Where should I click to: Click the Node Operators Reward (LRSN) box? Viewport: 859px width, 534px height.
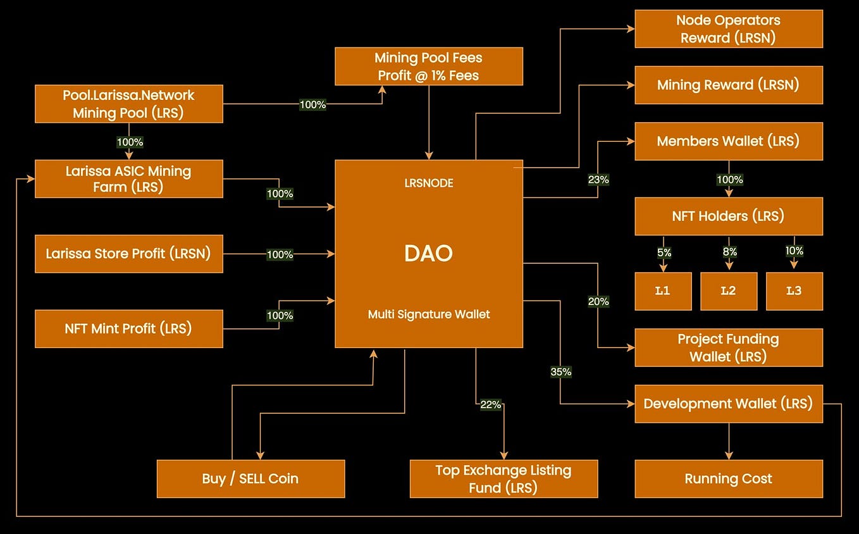click(729, 29)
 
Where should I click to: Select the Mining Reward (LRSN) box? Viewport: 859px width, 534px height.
click(729, 85)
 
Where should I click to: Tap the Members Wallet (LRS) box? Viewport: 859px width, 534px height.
click(729, 141)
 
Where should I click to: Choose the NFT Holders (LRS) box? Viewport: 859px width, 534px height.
click(729, 216)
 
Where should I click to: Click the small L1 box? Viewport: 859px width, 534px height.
click(663, 291)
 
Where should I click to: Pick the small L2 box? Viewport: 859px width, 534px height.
click(729, 291)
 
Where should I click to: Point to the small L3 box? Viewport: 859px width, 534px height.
click(794, 291)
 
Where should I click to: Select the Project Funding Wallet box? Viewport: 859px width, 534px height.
click(729, 347)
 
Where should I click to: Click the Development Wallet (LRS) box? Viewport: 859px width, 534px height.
click(729, 404)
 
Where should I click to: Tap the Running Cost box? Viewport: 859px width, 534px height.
click(729, 479)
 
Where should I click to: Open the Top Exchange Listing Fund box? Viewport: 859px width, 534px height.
click(504, 479)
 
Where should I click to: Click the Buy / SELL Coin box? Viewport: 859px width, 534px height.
click(250, 479)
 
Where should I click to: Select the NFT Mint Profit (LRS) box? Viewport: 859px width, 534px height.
click(129, 328)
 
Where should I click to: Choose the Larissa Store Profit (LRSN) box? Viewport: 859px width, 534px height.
click(129, 254)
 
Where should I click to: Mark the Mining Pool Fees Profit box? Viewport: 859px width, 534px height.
click(429, 66)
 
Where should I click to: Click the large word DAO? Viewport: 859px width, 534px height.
click(429, 254)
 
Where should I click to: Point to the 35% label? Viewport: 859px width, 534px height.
click(561, 372)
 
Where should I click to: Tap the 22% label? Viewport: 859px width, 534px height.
click(490, 404)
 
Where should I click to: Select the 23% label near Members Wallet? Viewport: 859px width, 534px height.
click(598, 180)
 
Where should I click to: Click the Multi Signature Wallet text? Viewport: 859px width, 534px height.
click(429, 314)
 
